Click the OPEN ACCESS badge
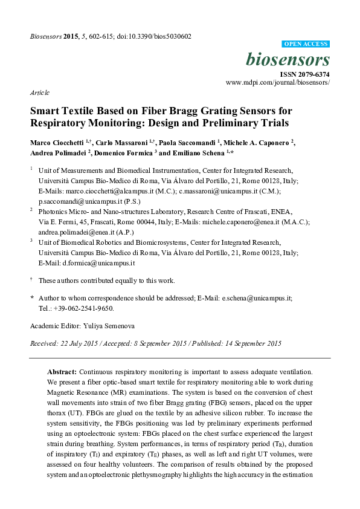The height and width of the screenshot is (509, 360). (306, 45)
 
